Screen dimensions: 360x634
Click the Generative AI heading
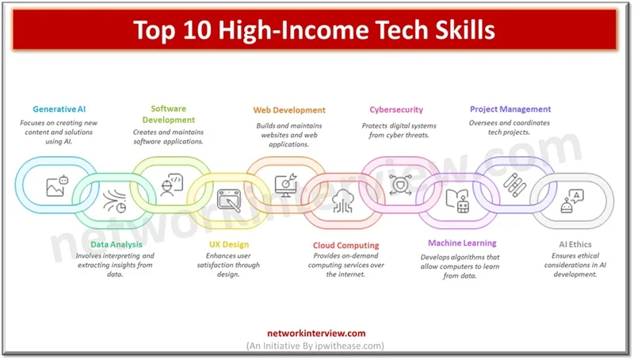point(59,109)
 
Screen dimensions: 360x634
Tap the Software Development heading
point(169,114)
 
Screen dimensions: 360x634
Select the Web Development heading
point(289,110)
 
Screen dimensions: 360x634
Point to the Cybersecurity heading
point(396,109)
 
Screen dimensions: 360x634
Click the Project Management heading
point(510,109)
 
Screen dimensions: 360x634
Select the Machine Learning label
point(462,243)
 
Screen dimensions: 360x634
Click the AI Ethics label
point(574,245)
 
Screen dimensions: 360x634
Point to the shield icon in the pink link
point(399,185)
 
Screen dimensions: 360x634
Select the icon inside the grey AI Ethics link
point(570,202)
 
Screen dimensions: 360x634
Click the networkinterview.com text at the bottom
point(316,334)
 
